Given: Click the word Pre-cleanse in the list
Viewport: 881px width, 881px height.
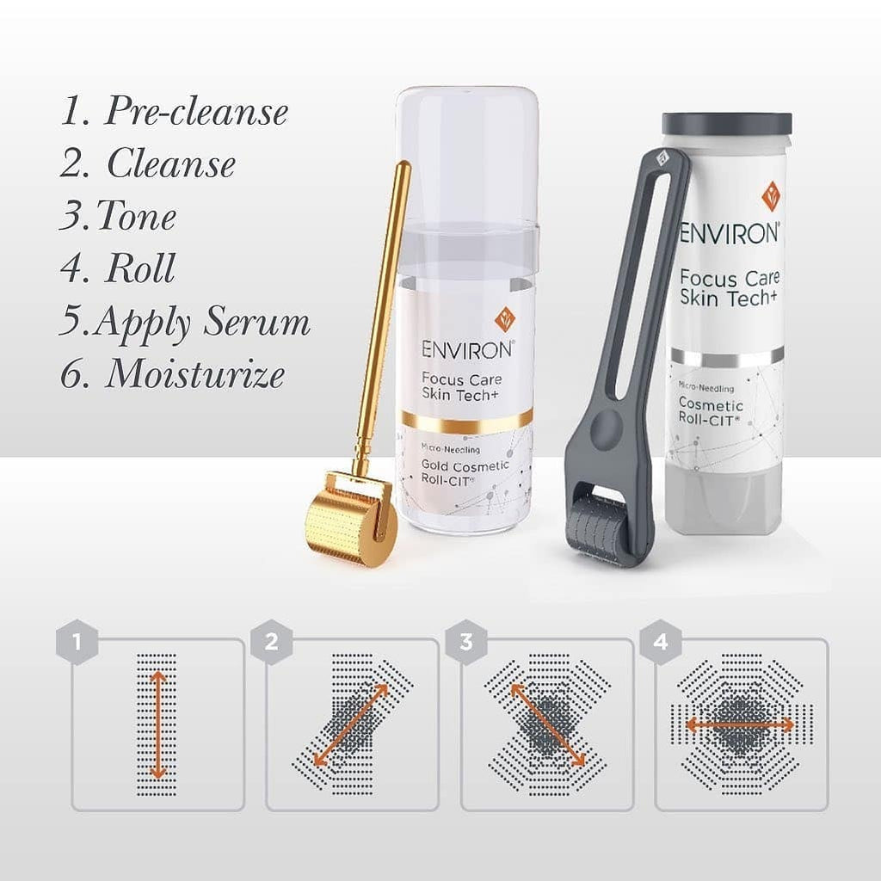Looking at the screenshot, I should pos(196,113).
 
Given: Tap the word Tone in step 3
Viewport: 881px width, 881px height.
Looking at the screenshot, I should pos(138,217).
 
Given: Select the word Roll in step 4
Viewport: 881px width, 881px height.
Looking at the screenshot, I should pos(139,269).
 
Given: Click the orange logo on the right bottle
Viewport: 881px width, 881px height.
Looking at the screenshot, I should pos(771,196).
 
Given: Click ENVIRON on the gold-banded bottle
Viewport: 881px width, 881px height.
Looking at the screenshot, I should pos(467,349).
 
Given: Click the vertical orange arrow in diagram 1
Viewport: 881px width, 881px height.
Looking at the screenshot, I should pos(157,725).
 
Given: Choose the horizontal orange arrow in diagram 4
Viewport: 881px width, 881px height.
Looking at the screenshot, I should pos(741,725).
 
